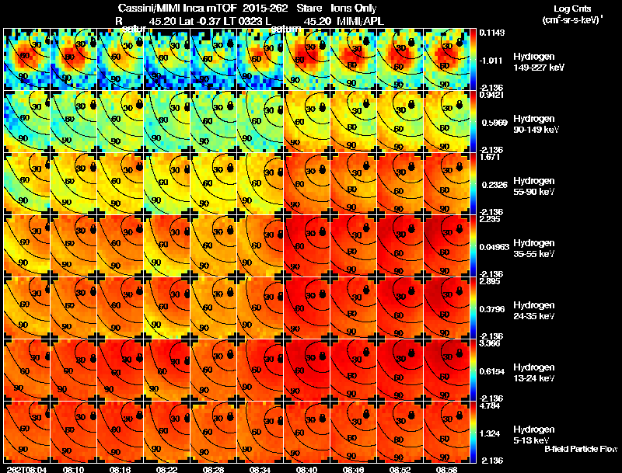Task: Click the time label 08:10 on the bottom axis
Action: point(74,469)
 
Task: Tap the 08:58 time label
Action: point(447,469)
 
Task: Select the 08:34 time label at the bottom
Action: point(260,469)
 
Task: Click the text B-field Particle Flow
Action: point(581,449)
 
